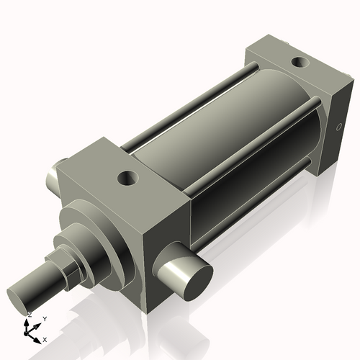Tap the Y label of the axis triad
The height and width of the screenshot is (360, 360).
pyautogui.click(x=44, y=318)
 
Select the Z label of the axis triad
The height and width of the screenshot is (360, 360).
pyautogui.click(x=29, y=315)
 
